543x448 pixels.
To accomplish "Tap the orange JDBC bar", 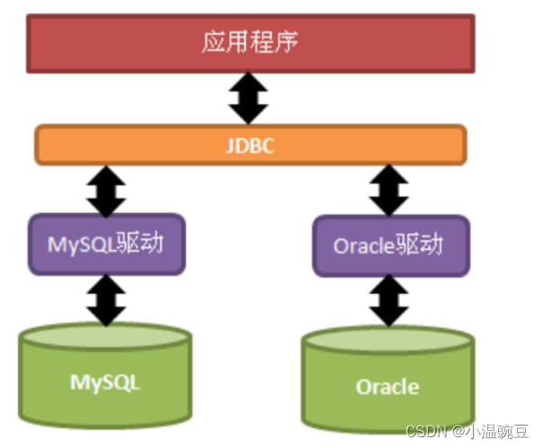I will pos(250,144).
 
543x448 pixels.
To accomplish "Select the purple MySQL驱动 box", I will pos(107,243).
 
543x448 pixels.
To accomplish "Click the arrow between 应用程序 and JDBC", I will pos(249,98).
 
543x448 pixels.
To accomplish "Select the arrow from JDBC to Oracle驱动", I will pos(388,189).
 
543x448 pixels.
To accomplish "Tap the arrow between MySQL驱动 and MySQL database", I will pos(107,299).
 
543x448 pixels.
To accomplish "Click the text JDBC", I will pos(249,145).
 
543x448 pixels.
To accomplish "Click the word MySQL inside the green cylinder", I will pos(105,382).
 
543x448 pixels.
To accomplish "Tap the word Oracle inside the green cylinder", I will pos(387,387).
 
